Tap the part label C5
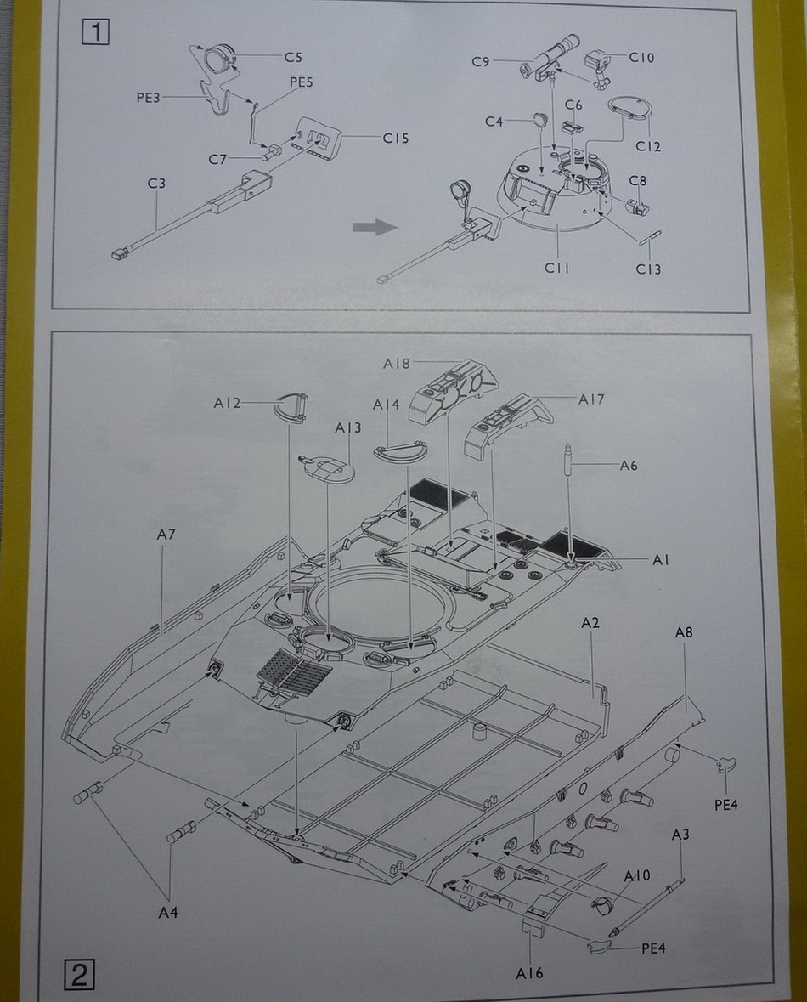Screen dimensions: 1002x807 293,58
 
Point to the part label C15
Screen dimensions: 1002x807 396,138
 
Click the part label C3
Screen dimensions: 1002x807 155,184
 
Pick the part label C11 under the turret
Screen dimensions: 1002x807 557,269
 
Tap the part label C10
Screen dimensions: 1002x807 642,57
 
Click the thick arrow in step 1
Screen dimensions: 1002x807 375,227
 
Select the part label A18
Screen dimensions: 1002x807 396,363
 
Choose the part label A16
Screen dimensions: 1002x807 528,973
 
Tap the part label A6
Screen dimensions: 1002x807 628,465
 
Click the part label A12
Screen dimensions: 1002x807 228,402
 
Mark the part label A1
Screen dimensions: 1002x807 662,560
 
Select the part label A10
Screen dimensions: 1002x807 637,876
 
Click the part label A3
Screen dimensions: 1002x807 680,835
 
